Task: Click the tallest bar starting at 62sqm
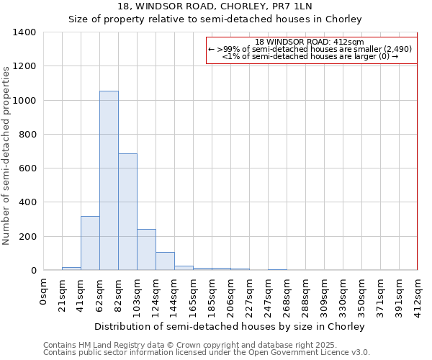[x=109, y=180]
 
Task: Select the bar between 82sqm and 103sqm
[x=127, y=212]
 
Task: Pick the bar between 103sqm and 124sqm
[x=146, y=250]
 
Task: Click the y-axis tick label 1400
[x=24, y=32]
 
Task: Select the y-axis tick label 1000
[x=24, y=101]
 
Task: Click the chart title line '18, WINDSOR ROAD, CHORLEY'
[x=215, y=6]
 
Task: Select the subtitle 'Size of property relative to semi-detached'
[x=215, y=19]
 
